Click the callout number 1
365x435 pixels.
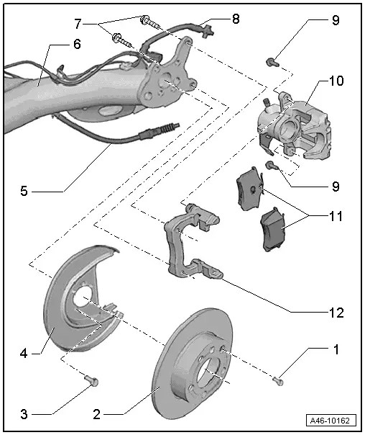(x=334, y=351)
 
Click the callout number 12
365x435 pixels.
(x=335, y=313)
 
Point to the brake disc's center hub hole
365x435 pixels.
(x=206, y=372)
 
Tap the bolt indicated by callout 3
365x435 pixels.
(x=90, y=380)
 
